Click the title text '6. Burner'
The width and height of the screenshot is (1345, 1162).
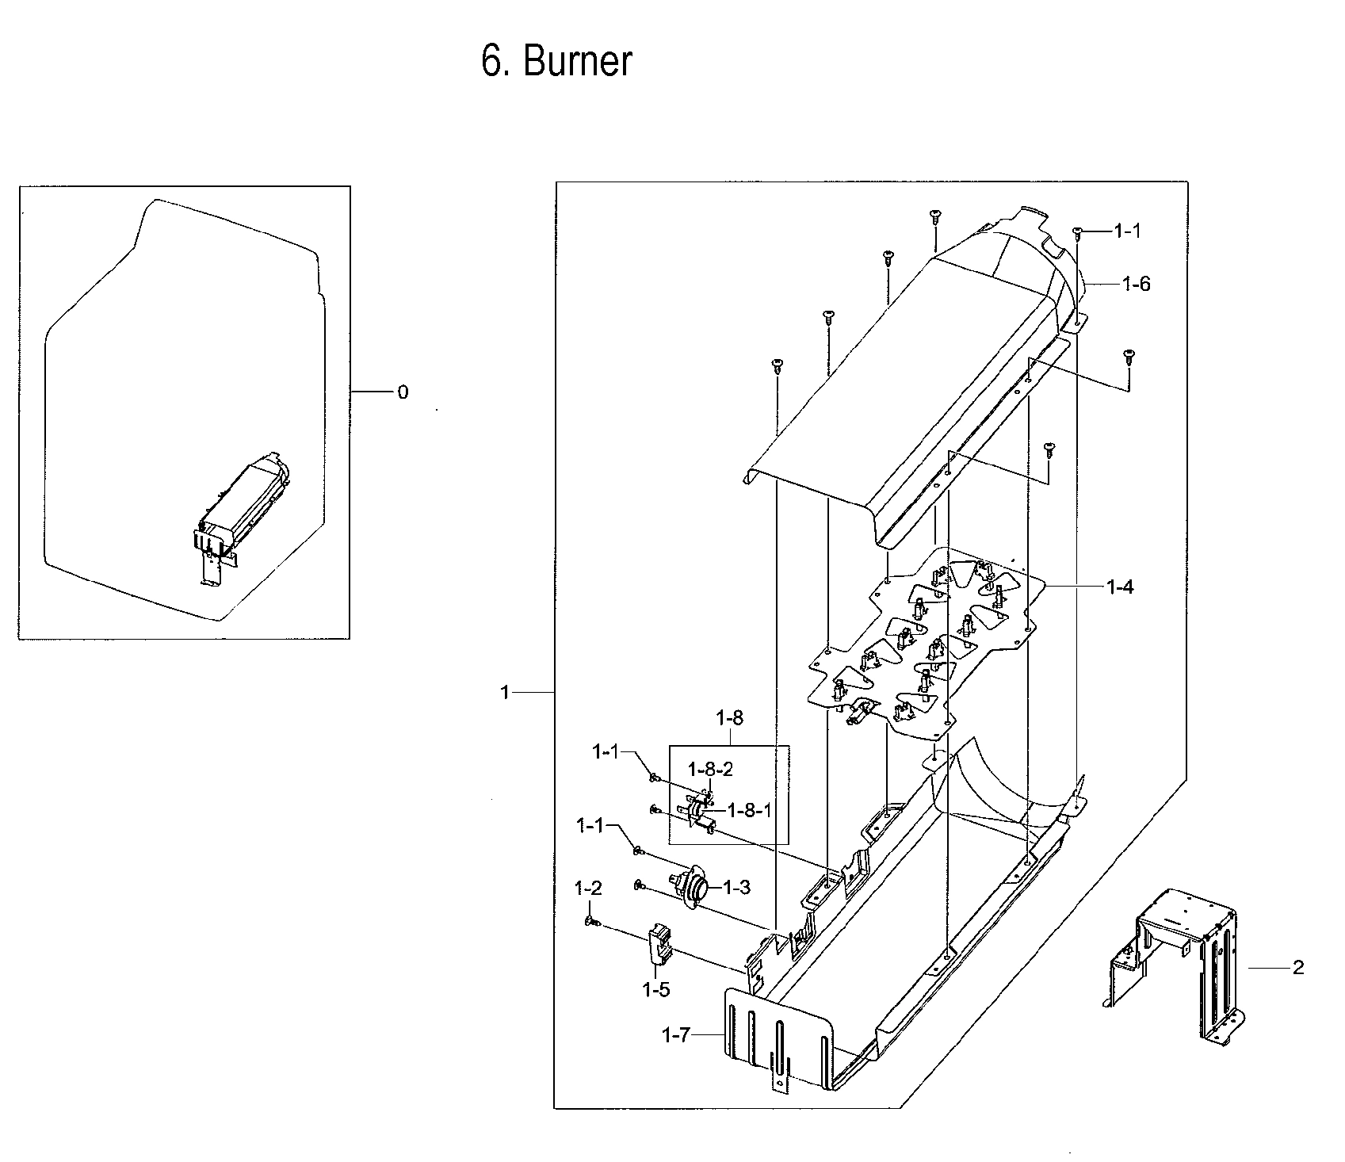[x=556, y=61]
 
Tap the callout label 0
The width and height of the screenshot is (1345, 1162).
[x=403, y=392]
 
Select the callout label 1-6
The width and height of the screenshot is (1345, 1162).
[x=1136, y=284]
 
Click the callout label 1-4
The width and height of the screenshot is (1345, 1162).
[x=1120, y=587]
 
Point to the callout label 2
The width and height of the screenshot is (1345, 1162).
[x=1297, y=968]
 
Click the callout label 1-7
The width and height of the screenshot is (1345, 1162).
[x=676, y=1035]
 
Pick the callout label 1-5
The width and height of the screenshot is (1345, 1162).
[x=656, y=989]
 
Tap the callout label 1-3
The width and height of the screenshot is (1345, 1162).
[x=736, y=888]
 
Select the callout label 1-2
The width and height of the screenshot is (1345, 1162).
[x=588, y=889]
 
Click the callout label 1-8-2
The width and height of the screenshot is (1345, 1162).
[x=710, y=769]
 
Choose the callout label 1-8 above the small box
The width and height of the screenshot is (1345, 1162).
[x=729, y=719]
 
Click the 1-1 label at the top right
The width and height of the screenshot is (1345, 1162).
[x=1128, y=231]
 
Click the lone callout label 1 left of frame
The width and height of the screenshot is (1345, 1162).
[x=505, y=693]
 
